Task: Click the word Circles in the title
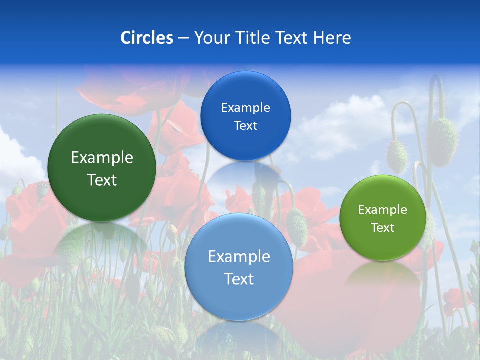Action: [146, 38]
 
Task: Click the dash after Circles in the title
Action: [183, 38]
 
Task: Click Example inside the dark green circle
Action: [102, 158]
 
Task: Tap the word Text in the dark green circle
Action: [102, 180]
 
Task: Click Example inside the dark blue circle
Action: [245, 108]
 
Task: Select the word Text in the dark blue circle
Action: [245, 126]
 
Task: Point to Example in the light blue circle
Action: [239, 257]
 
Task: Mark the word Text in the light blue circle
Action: [239, 279]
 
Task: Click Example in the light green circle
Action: [383, 210]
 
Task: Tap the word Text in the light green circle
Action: [383, 228]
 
